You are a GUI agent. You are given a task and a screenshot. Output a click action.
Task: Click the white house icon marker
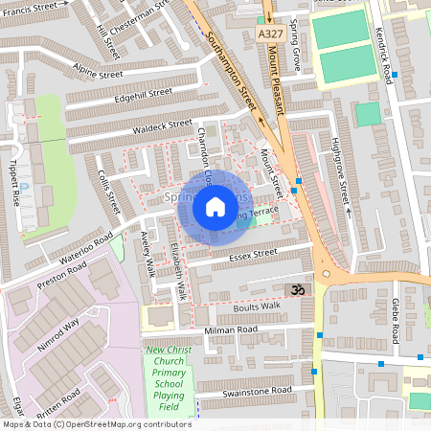tap(215, 207)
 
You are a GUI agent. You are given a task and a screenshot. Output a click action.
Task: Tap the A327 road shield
tap(269, 33)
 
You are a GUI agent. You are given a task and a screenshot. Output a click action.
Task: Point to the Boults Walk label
tap(257, 306)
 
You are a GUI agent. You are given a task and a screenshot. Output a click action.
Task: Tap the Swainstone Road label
tap(255, 391)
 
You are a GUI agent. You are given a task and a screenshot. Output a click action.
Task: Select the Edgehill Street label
tap(142, 94)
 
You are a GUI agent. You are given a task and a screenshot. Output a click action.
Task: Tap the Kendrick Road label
tap(388, 62)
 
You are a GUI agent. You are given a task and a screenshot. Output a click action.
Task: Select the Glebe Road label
tap(395, 320)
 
